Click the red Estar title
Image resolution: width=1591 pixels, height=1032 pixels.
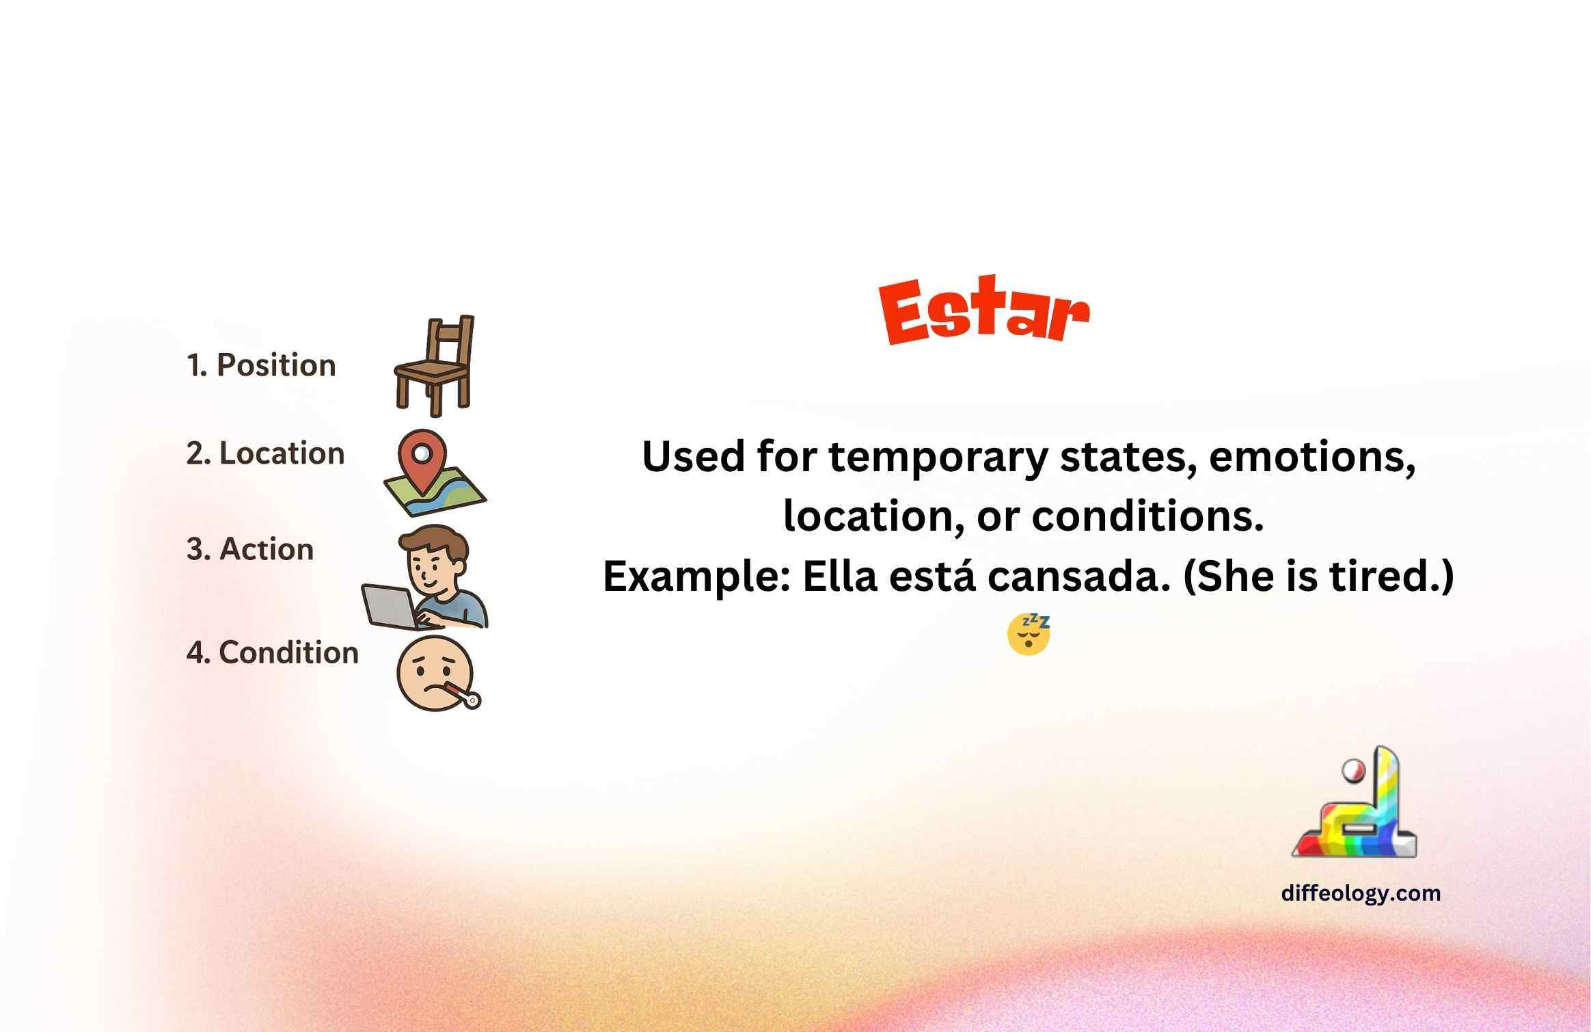984,311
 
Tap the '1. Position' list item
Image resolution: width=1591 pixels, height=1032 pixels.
261,365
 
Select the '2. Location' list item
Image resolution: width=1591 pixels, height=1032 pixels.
265,453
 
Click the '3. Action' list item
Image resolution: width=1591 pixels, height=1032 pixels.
249,549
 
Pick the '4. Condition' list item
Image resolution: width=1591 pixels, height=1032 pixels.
272,652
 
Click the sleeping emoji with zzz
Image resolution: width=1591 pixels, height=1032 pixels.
1029,635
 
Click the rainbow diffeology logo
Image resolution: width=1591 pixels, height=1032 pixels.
1354,802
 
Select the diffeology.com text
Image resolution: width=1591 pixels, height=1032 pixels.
1361,893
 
